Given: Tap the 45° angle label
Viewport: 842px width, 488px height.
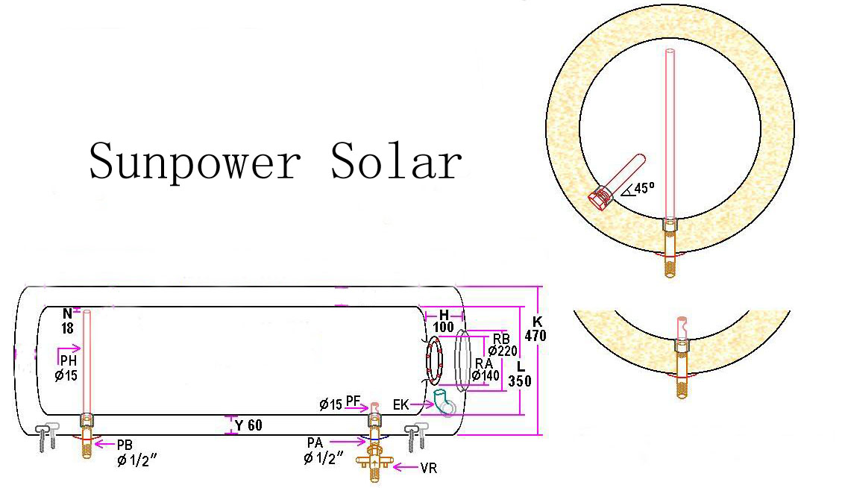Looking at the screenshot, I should point(640,188).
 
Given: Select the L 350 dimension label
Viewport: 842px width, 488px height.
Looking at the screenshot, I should point(520,374).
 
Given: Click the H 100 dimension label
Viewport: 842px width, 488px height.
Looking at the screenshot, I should point(443,321).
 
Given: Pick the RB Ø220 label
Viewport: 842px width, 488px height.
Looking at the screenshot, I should point(502,343).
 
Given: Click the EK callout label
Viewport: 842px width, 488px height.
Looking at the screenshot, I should point(401,404).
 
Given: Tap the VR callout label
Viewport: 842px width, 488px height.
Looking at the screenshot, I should point(428,469).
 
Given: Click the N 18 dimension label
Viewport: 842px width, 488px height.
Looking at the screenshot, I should point(68,321).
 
